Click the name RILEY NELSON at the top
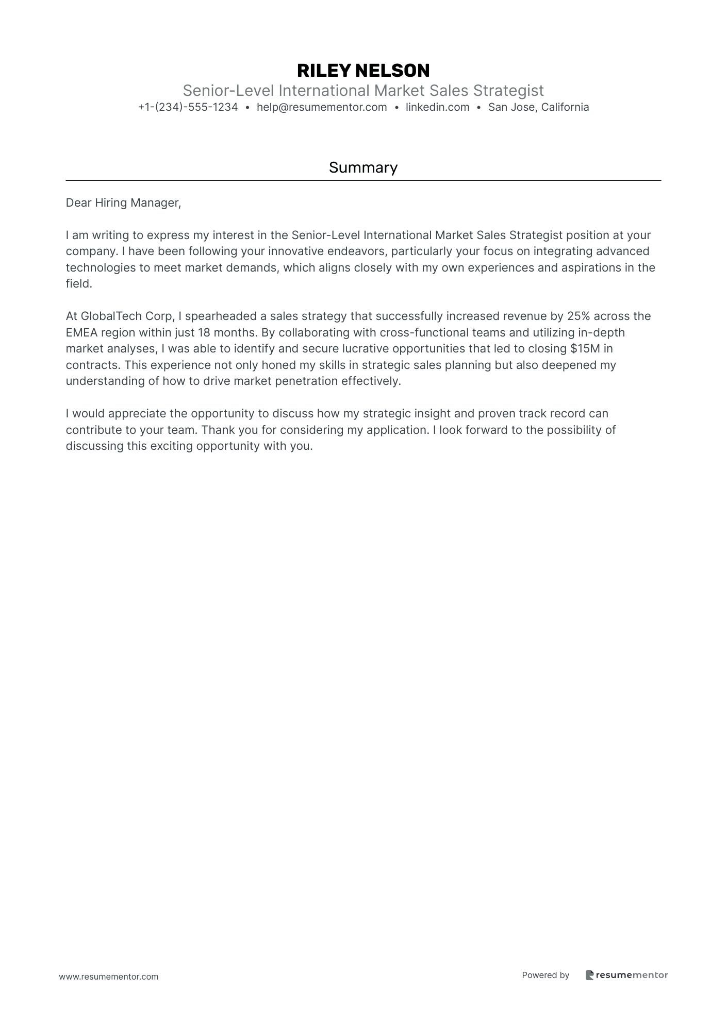363,70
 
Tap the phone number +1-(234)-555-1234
188,107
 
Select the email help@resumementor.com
322,107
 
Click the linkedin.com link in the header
437,107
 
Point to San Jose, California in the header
538,107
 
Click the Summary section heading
363,167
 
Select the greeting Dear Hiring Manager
123,203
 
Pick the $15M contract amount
585,348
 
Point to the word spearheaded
219,316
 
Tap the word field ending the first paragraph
78,283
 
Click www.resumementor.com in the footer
109,976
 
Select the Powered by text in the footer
546,975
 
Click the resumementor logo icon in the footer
589,975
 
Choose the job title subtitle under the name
363,91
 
